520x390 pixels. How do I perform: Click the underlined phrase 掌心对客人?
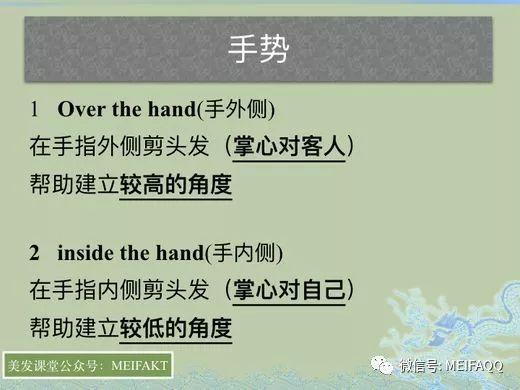[x=289, y=146]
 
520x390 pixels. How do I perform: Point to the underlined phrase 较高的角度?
[x=175, y=184]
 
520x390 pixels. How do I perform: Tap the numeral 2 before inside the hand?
[x=34, y=252]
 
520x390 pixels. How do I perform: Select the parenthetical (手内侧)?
[x=244, y=252]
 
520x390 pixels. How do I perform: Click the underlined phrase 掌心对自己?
[x=289, y=290]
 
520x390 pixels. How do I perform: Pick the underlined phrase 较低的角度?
[x=175, y=327]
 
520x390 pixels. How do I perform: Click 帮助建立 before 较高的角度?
[x=73, y=184]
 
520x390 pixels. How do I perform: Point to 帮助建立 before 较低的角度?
[x=73, y=327]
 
